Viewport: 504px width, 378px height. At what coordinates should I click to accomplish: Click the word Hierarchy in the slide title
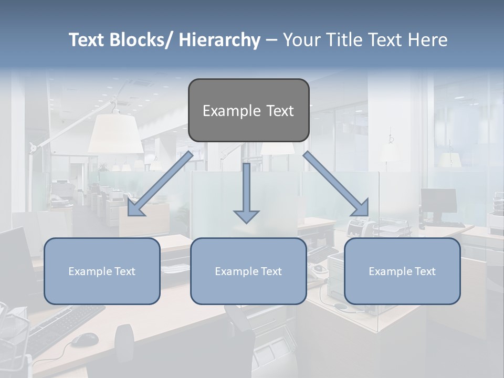pos(219,40)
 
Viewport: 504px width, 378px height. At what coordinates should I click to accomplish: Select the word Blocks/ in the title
pos(141,40)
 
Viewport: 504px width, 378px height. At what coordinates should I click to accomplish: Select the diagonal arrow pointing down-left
pos(160,184)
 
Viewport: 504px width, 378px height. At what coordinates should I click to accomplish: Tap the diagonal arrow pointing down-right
pos(336,184)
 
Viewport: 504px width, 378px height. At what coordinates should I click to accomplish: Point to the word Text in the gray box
pos(279,111)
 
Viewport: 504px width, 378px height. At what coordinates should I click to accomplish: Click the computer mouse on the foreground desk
pos(85,340)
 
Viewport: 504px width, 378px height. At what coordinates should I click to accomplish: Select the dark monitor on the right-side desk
pos(438,201)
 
